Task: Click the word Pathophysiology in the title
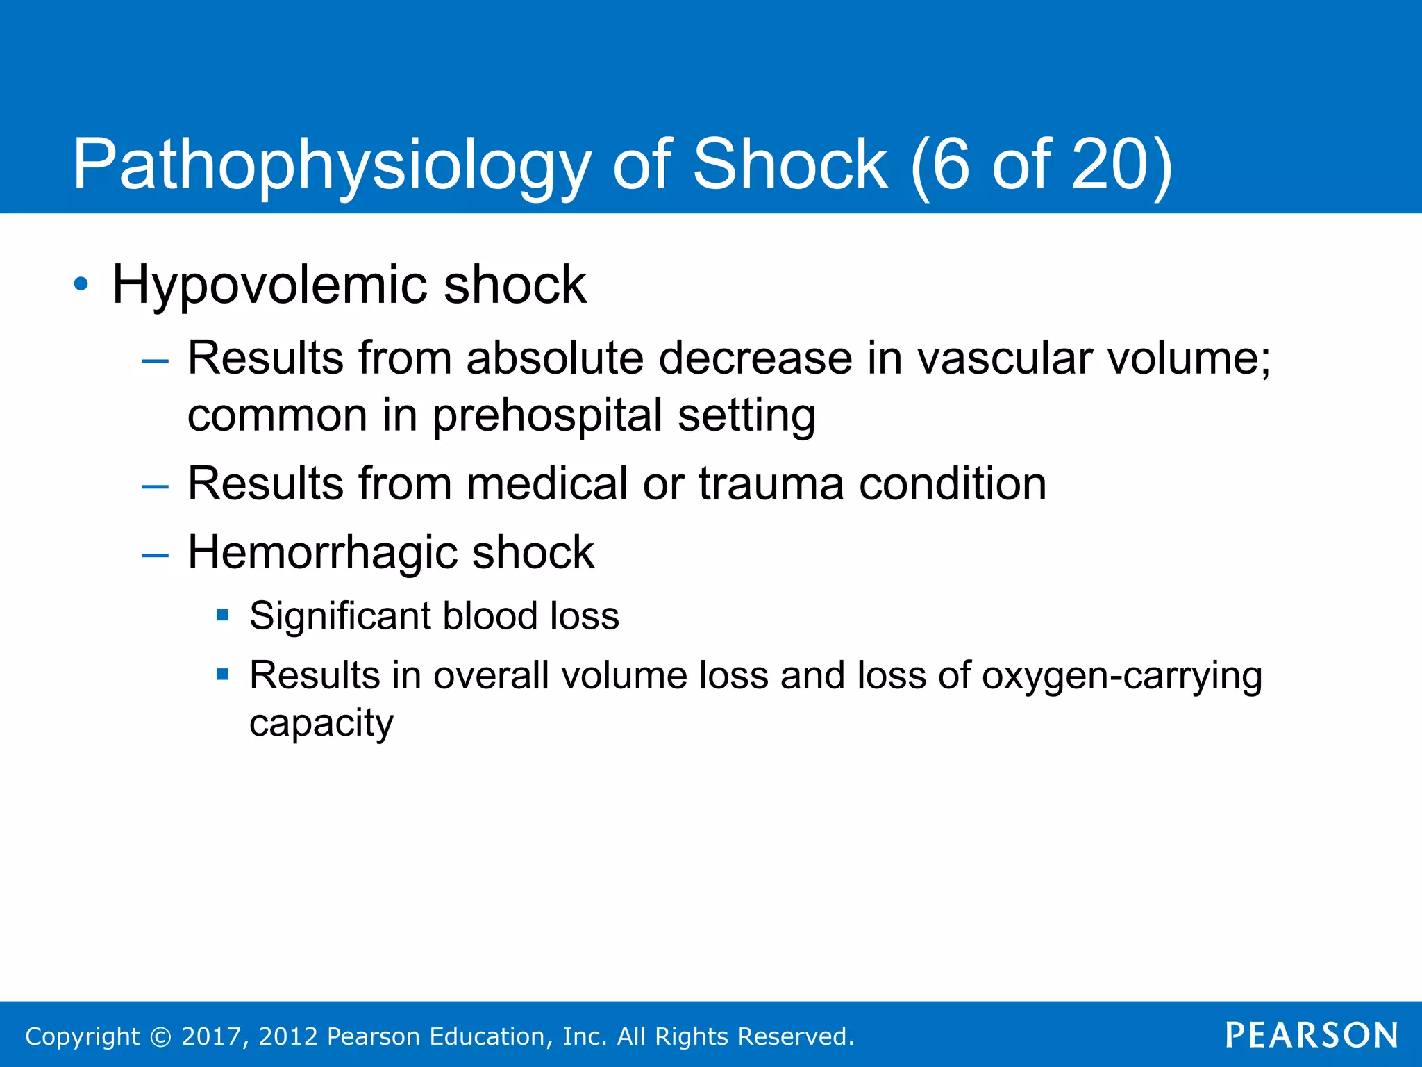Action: coord(331,165)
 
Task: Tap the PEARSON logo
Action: coord(1312,1035)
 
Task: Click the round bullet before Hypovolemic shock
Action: coord(81,284)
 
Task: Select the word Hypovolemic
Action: coord(269,286)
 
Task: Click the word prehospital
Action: coord(547,416)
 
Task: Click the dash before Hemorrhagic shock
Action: coord(154,555)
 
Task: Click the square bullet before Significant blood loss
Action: coord(222,615)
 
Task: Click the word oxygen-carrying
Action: coord(1121,676)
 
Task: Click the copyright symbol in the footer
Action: coord(160,1036)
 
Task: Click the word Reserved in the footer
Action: coord(794,1036)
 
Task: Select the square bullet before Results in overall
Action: coord(222,674)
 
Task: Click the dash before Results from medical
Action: coord(154,486)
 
